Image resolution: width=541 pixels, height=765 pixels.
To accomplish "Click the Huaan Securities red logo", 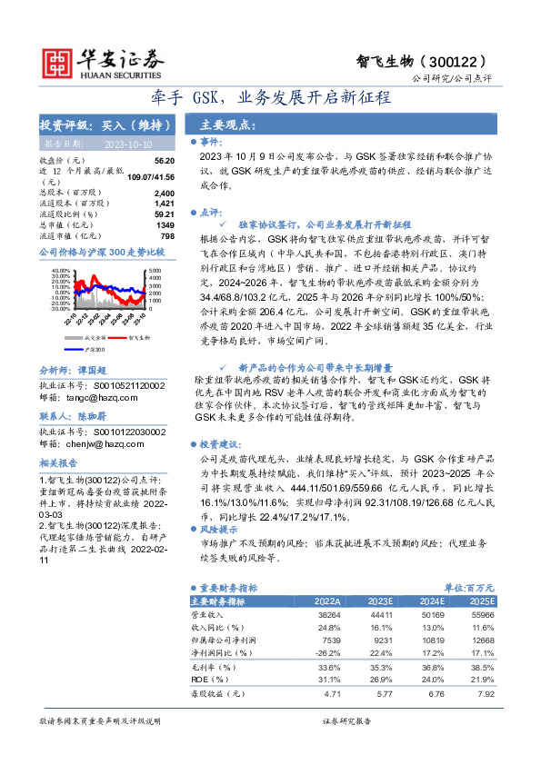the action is click(57, 61).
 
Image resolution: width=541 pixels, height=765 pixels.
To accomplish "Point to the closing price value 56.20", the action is click(164, 159).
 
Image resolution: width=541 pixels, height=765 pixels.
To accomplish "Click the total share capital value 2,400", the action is click(164, 194).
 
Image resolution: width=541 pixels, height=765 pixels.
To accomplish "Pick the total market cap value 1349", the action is click(165, 224).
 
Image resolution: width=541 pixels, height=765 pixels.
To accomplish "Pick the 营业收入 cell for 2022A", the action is click(326, 615).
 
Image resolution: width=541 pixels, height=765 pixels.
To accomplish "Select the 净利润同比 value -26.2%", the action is click(326, 652).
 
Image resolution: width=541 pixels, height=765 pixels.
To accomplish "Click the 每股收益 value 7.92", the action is click(484, 695).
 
